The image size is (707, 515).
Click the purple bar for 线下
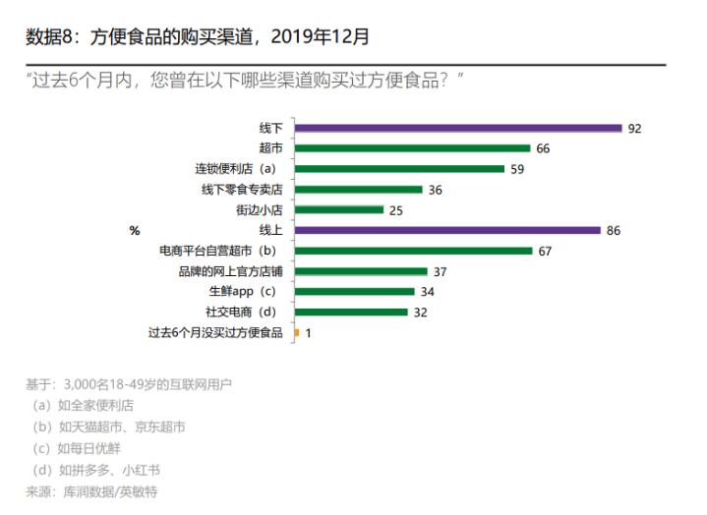457,128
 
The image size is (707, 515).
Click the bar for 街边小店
338,209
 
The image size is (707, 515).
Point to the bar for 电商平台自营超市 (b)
413,251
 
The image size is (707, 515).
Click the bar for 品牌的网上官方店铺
360,271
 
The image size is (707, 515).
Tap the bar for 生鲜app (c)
354,292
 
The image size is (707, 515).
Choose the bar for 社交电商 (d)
351,312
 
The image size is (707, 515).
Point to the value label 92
634,128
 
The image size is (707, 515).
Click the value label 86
614,230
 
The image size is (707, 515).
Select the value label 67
546,251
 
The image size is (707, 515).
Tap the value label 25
396,209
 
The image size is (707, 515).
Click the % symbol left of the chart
135,230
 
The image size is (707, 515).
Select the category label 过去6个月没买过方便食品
215,332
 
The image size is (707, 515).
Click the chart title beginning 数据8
197,37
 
